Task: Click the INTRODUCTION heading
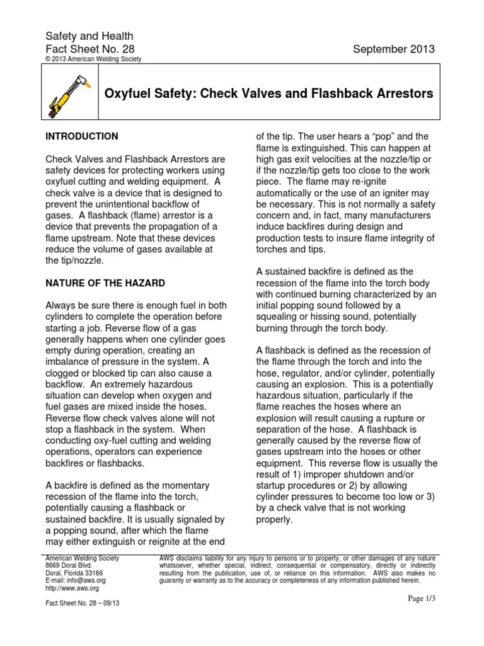coord(81,136)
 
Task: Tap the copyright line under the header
coord(94,59)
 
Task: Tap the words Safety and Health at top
coord(89,37)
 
